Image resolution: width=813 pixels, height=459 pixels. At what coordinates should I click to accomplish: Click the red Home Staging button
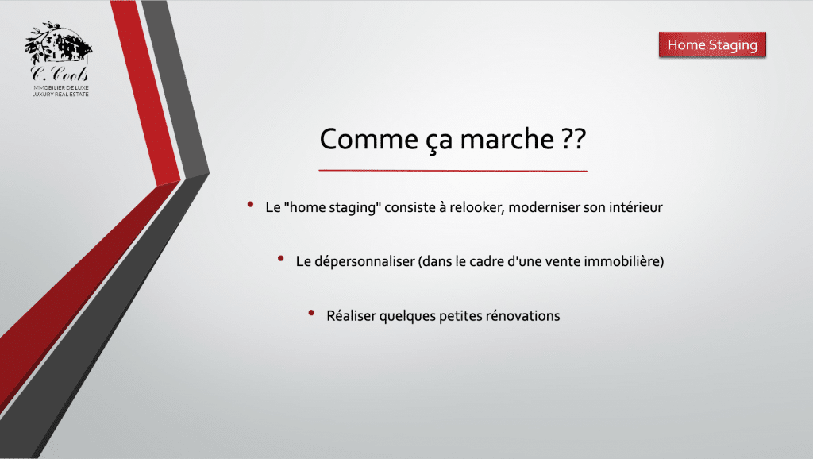pos(712,45)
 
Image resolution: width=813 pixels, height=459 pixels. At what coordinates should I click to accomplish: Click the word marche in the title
pos(507,139)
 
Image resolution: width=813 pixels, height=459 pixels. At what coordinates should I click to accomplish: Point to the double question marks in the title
pos(573,139)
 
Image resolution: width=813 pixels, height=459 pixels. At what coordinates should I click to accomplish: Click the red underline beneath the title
pos(453,170)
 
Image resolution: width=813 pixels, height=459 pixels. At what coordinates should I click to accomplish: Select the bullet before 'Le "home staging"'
pos(250,205)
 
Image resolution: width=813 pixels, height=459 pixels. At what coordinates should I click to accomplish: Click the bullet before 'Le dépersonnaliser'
pos(281,258)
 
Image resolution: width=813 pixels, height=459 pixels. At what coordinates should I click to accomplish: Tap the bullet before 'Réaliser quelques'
pos(311,313)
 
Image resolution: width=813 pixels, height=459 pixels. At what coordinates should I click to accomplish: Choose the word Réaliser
pos(352,316)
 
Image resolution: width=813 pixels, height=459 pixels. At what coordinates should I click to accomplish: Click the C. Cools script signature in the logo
pos(59,73)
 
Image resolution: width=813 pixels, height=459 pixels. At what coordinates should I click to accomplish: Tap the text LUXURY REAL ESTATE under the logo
pos(60,94)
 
